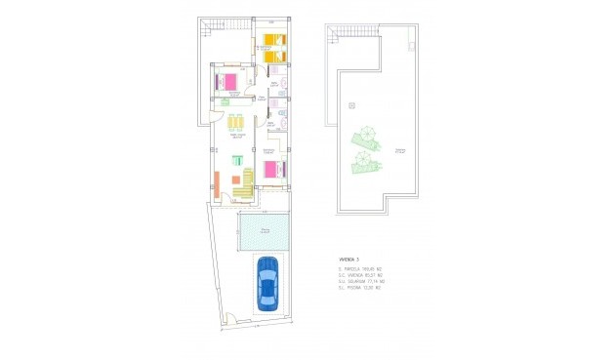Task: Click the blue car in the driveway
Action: coord(267,283)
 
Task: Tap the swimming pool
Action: coord(264,230)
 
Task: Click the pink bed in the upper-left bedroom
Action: coord(227,81)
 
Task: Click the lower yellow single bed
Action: coord(271,57)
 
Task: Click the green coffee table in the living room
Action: coord(236,160)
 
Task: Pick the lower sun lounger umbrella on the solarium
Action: coord(364,159)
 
